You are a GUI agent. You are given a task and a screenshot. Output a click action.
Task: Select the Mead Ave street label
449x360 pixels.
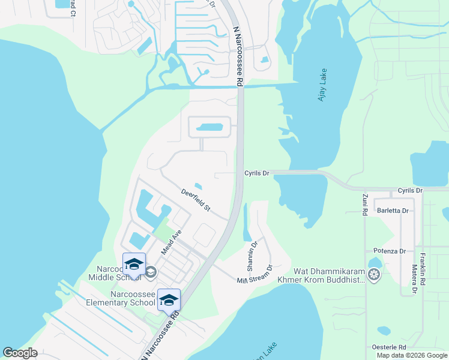coord(170,241)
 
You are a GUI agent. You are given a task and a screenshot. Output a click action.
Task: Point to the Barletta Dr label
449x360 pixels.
coord(393,211)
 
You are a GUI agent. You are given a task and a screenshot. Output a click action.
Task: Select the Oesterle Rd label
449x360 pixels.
coord(389,347)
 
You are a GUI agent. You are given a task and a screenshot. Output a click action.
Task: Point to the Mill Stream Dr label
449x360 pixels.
coord(255,277)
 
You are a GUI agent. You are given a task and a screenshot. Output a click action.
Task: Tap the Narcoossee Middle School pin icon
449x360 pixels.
coord(134,265)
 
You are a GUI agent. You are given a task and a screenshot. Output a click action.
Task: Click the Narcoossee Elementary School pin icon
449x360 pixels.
coord(169,300)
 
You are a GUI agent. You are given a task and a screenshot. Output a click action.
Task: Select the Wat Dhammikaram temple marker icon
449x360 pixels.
coord(375,275)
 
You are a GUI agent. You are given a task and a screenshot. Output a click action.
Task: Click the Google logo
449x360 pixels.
coord(20,353)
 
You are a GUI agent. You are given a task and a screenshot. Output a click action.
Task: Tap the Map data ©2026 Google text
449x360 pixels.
coord(412,355)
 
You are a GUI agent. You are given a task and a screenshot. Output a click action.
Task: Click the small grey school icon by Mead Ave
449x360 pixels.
coord(150,272)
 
